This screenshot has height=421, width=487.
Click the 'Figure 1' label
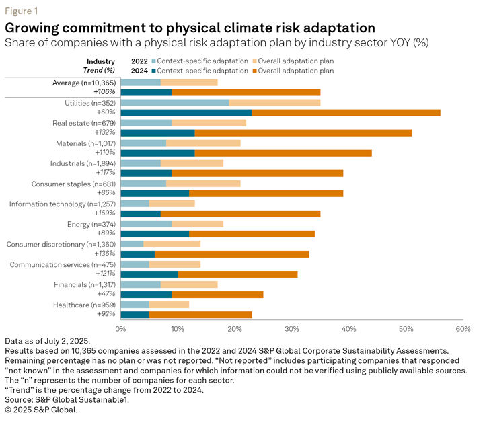coord(21,11)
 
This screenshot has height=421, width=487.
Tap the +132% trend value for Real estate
coord(106,133)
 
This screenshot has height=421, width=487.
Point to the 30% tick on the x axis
coord(291,329)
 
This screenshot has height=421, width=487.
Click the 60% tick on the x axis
coord(462,329)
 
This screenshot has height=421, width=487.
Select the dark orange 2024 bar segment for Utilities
coord(346,113)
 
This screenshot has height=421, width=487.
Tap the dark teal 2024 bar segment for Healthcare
coord(135,314)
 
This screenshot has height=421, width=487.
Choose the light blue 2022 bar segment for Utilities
coord(175,103)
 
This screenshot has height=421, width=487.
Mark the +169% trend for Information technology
coord(106,214)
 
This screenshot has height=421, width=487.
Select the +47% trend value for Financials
coord(108,295)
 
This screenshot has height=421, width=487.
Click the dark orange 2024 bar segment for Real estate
coord(303,133)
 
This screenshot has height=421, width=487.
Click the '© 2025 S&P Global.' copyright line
coord(41,409)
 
